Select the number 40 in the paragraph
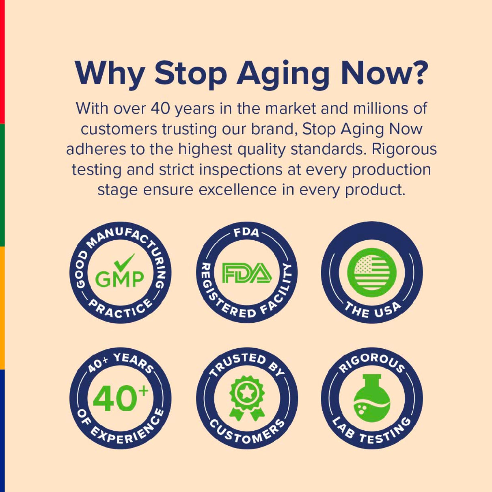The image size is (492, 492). (160, 109)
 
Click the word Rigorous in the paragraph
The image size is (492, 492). (404, 149)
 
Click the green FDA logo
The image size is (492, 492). (247, 273)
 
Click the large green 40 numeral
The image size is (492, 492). (114, 399)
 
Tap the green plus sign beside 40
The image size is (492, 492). (144, 391)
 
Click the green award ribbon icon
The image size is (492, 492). (247, 398)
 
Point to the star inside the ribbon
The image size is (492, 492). (246, 393)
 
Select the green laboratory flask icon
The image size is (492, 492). (372, 399)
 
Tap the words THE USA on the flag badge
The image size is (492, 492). (372, 310)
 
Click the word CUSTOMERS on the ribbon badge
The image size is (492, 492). (247, 431)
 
